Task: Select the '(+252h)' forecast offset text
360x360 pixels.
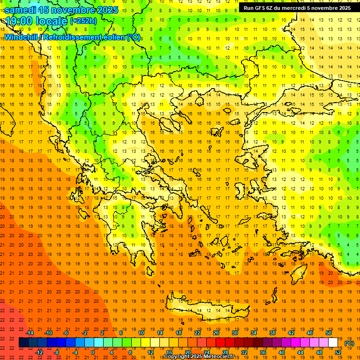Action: click(x=83, y=21)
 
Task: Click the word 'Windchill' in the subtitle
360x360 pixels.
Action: click(x=22, y=37)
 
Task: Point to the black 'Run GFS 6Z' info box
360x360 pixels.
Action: click(x=297, y=8)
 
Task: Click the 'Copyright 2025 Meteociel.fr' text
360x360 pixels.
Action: click(x=199, y=357)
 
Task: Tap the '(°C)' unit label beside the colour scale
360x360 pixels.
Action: click(x=349, y=343)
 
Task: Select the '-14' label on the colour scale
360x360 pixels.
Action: click(x=30, y=333)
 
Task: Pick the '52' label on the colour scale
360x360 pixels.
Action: click(x=338, y=352)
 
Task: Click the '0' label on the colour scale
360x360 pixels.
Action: click(x=93, y=352)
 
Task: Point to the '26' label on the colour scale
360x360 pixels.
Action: click(x=216, y=333)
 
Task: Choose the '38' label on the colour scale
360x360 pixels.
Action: click(x=272, y=333)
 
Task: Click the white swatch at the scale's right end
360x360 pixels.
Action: click(x=333, y=343)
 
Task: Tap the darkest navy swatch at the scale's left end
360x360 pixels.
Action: click(x=23, y=343)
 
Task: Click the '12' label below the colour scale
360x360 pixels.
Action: click(x=150, y=352)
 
